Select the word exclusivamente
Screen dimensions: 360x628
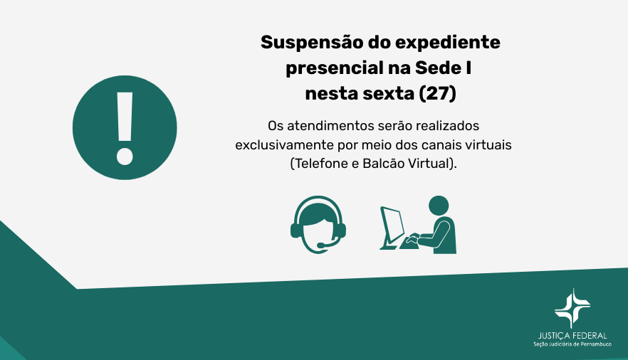pos(284,144)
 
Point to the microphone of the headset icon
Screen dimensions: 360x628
pos(321,246)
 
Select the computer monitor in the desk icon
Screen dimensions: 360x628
pos(392,224)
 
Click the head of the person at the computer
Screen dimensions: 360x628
pos(438,205)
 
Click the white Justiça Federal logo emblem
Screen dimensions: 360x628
pos(572,307)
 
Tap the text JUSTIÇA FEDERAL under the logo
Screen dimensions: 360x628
pos(572,335)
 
